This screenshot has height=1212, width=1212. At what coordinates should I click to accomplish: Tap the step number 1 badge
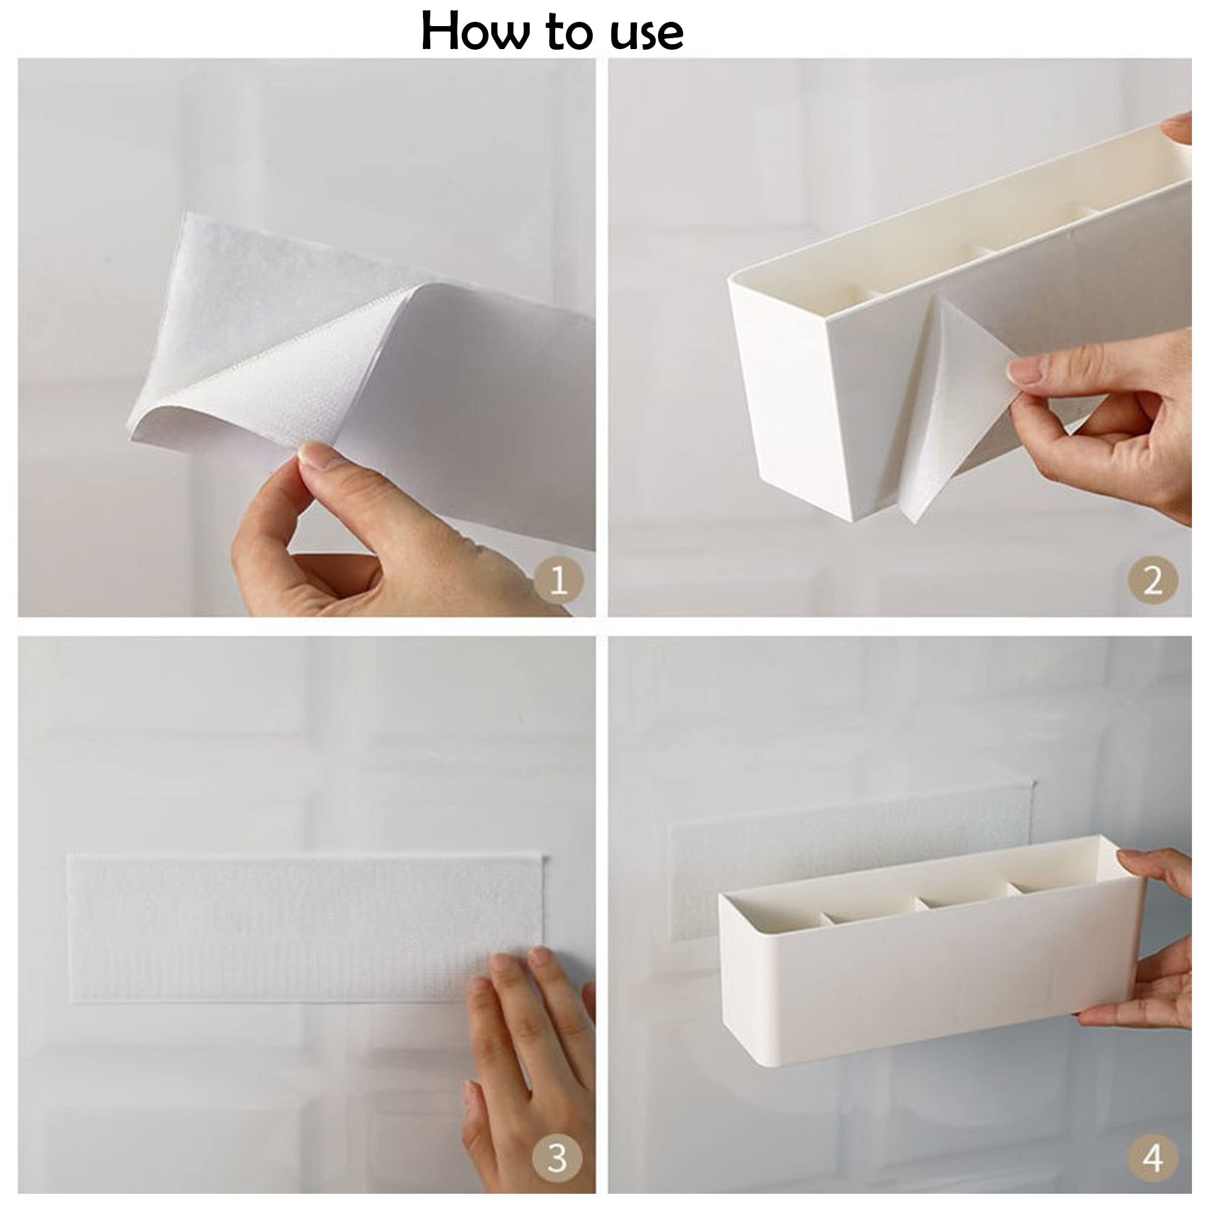(x=558, y=580)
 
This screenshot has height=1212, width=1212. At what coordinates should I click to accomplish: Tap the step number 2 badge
(x=1153, y=580)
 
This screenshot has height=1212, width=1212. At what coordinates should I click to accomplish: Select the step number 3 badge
(x=558, y=1158)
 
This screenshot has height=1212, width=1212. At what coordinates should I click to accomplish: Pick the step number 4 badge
(x=1153, y=1158)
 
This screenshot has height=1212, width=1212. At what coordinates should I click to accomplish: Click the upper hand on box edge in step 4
(x=1157, y=878)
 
